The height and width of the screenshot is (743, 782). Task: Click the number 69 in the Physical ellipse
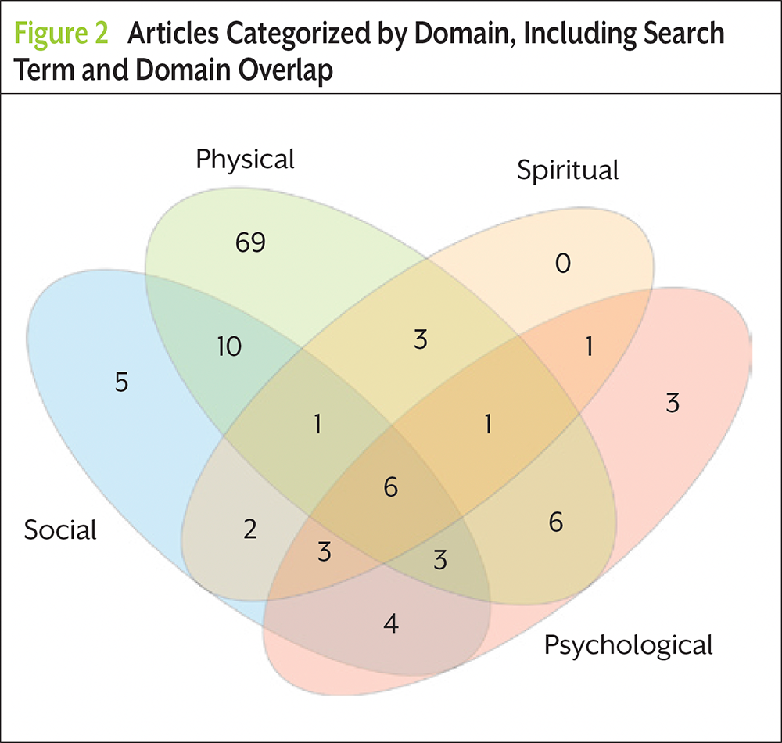(250, 243)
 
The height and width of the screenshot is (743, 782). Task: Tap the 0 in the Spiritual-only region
(563, 263)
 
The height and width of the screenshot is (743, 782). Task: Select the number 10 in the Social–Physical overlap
(229, 346)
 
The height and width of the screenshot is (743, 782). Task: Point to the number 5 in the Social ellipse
(122, 382)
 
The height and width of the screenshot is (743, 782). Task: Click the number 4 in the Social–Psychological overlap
(391, 623)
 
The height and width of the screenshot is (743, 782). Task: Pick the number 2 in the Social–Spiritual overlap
(250, 529)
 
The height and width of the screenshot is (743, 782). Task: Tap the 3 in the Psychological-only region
(673, 403)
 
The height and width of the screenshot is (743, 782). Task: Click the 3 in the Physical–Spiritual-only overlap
(421, 339)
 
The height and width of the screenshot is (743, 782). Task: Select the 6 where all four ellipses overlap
(391, 486)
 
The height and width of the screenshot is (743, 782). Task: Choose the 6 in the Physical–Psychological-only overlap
(556, 522)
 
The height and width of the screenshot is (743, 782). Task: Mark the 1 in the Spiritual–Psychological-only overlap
(590, 346)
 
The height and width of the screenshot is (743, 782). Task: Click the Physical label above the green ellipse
(245, 160)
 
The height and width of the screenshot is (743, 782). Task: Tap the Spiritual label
(568, 170)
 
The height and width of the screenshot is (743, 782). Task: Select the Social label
(60, 529)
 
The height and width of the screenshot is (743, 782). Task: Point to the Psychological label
(629, 645)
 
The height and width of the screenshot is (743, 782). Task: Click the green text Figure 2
(61, 34)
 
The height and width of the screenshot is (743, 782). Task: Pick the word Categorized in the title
(298, 34)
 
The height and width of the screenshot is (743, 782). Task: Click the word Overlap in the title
(285, 70)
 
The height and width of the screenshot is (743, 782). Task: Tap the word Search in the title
(683, 33)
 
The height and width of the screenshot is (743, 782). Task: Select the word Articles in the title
(173, 33)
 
